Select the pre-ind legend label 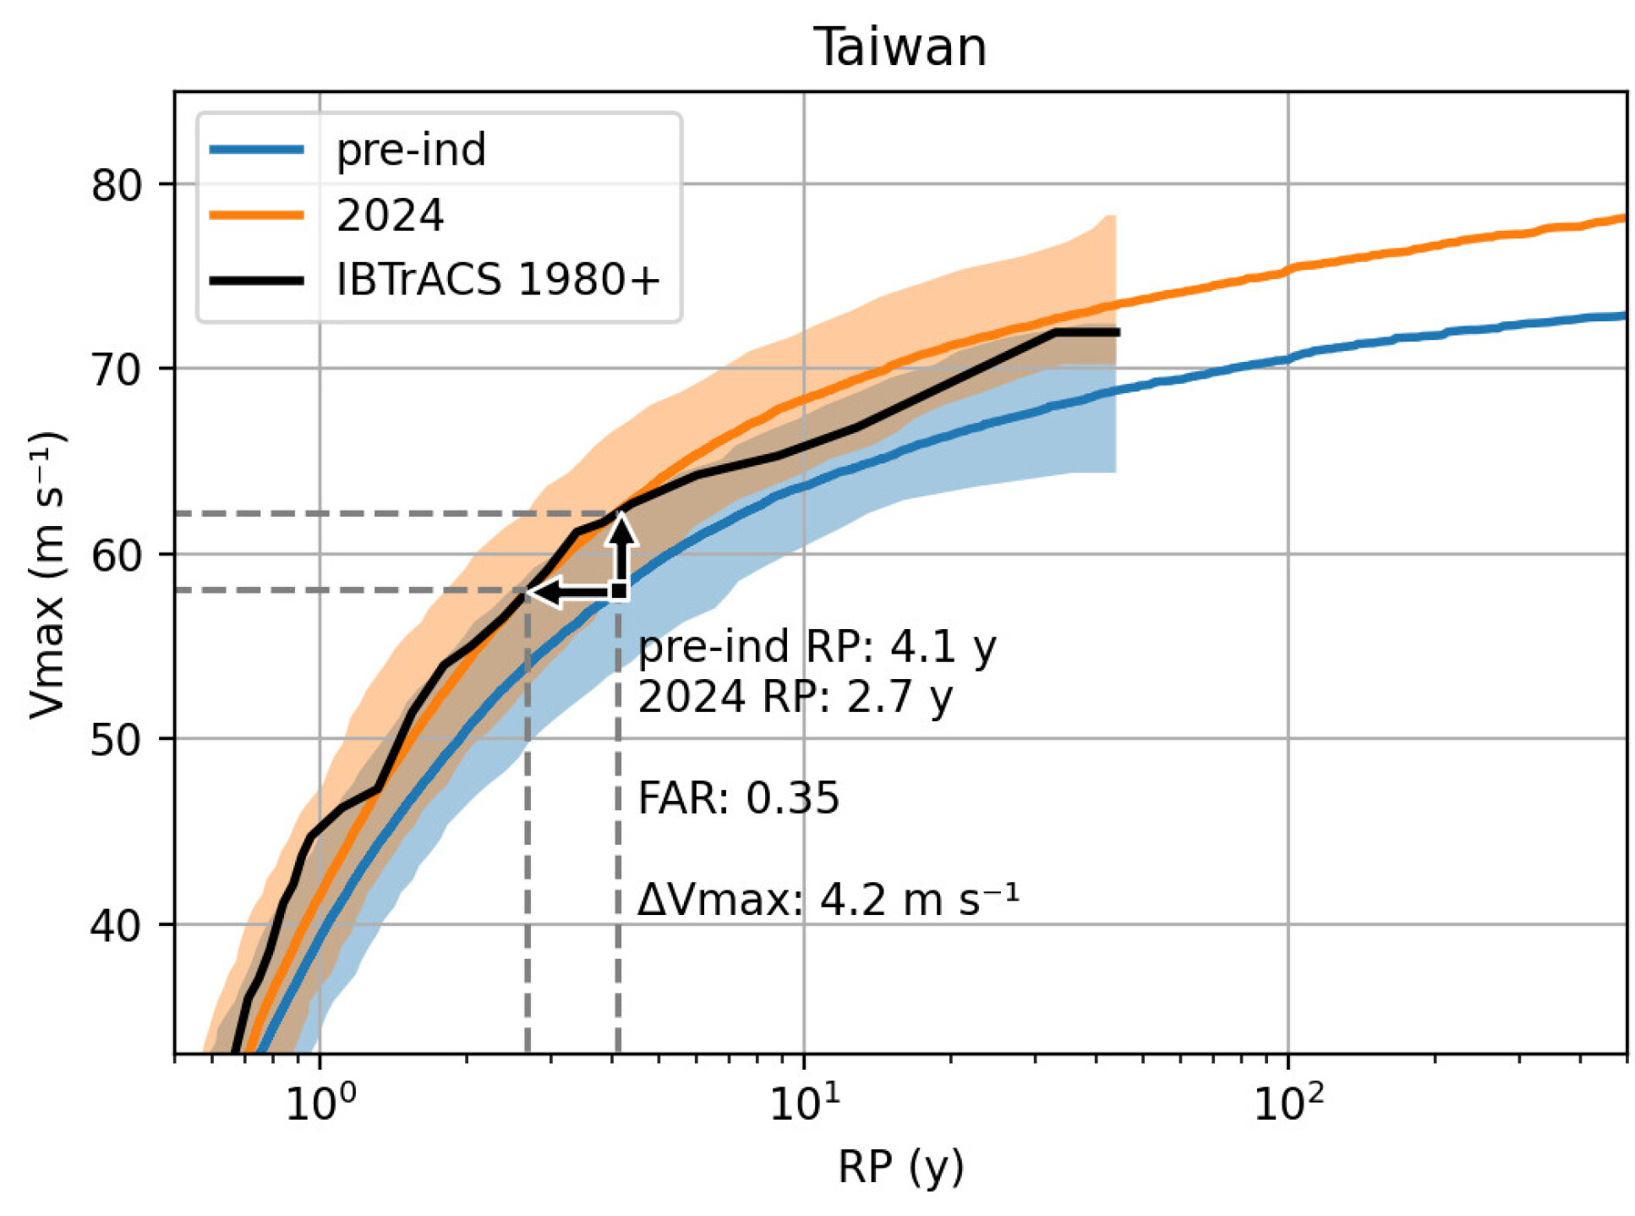pyautogui.click(x=411, y=150)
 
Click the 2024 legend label pyautogui.click(x=390, y=215)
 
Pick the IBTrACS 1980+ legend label pyautogui.click(x=497, y=279)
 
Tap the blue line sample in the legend pyautogui.click(x=256, y=150)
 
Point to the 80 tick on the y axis pyautogui.click(x=118, y=184)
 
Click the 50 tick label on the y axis pyautogui.click(x=118, y=739)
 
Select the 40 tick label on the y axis pyautogui.click(x=118, y=924)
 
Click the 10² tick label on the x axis pyautogui.click(x=1288, y=1102)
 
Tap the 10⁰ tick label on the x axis pyautogui.click(x=320, y=1102)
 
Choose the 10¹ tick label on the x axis pyautogui.click(x=804, y=1102)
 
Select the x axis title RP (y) pyautogui.click(x=900, y=1167)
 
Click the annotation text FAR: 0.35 pyautogui.click(x=738, y=797)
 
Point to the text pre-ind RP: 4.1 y pyautogui.click(x=817, y=647)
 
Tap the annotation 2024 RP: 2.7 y pyautogui.click(x=795, y=697)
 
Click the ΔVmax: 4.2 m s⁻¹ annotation pyautogui.click(x=828, y=898)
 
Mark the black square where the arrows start pyautogui.click(x=619, y=590)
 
